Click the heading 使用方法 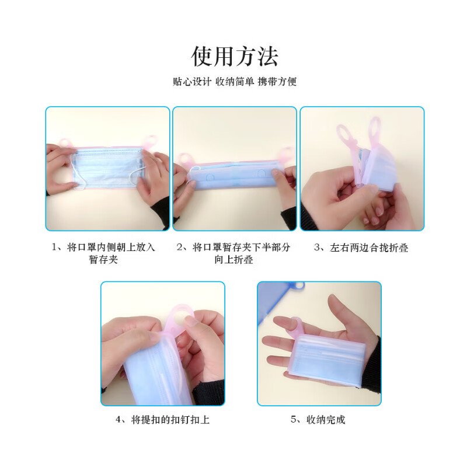click(235, 56)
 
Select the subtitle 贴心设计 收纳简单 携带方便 click(235, 81)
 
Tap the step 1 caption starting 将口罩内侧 click(103, 253)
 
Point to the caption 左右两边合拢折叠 click(361, 248)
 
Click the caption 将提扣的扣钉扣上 click(163, 420)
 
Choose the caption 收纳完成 click(318, 420)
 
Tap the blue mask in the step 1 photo click(108, 168)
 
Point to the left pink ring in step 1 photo click(65, 142)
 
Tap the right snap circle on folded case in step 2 click(262, 173)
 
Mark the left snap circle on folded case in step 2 click(210, 177)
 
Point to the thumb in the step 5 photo click(340, 313)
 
